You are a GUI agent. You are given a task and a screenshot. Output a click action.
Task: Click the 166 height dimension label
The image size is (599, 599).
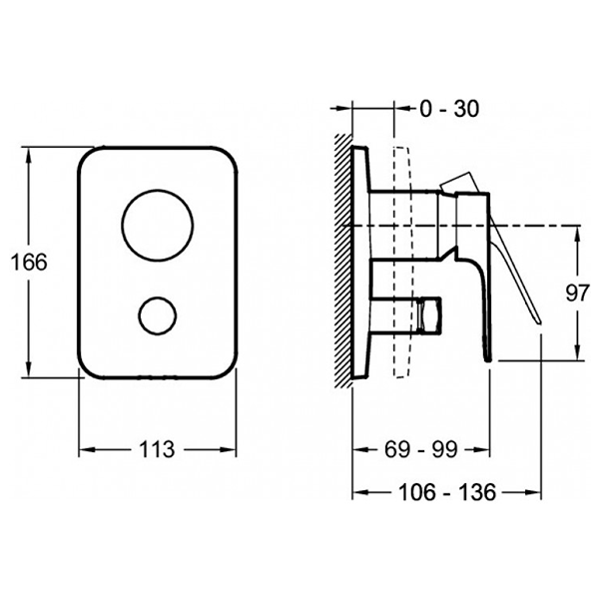click(x=29, y=262)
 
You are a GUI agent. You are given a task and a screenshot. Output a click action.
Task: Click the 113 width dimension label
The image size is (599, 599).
click(x=157, y=449)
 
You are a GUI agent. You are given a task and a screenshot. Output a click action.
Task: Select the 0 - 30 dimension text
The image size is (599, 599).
click(x=449, y=109)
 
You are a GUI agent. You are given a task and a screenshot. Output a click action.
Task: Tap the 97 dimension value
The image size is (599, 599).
click(x=578, y=294)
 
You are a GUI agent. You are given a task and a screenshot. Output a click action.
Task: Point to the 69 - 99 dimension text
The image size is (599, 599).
click(x=420, y=449)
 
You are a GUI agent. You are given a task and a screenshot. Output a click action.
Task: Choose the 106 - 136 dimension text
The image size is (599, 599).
click(x=447, y=492)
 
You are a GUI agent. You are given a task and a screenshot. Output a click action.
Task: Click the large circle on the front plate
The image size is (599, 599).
click(x=158, y=226)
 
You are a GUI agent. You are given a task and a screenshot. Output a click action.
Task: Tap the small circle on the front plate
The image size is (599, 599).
click(x=158, y=315)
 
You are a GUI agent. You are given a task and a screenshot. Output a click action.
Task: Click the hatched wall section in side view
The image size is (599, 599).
click(x=343, y=261)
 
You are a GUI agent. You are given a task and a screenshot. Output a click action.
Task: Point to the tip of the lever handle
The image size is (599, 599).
click(x=540, y=323)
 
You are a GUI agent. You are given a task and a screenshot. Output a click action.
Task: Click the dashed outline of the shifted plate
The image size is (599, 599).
click(x=403, y=262)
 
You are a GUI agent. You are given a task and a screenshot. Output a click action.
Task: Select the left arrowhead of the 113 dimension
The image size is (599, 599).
click(x=87, y=449)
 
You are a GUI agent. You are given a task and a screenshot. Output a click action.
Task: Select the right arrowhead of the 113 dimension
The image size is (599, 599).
click(x=228, y=449)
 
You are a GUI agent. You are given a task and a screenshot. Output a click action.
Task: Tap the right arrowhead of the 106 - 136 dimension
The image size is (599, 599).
click(x=533, y=492)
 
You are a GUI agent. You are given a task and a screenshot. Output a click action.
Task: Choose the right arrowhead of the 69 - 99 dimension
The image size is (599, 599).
click(x=481, y=449)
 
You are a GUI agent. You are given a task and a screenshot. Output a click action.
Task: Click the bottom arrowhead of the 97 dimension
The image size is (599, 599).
click(x=578, y=351)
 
